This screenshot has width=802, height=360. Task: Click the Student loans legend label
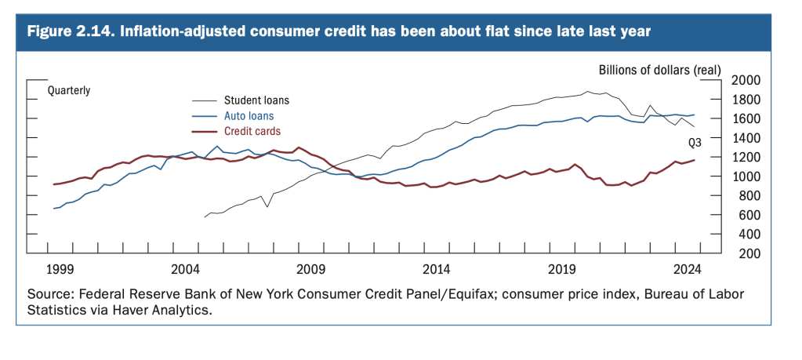(x=256, y=100)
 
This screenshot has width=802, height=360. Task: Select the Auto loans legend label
(x=249, y=116)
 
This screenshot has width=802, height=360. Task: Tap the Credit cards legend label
(x=252, y=131)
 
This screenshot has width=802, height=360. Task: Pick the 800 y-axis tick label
(x=749, y=196)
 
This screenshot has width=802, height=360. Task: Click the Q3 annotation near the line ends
(x=695, y=143)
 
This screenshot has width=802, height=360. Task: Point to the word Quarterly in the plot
(x=69, y=90)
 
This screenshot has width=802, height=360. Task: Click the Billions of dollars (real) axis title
(x=659, y=70)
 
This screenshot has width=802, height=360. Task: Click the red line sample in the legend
(x=205, y=131)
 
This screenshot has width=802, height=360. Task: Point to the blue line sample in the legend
(x=205, y=116)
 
